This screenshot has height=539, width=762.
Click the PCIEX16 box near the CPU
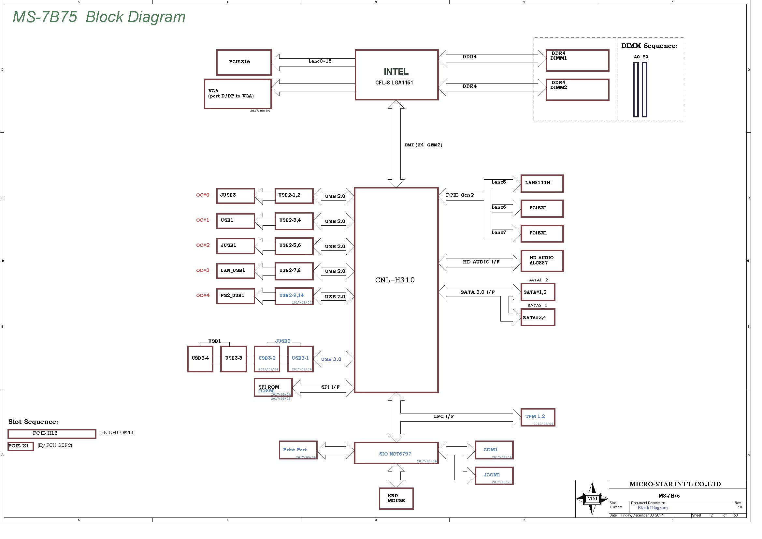(244, 62)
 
